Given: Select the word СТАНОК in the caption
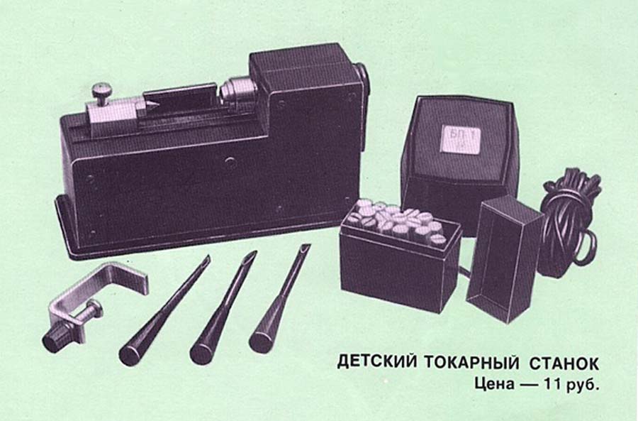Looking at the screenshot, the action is (564, 363).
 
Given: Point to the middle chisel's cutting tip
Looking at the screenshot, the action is (251, 257).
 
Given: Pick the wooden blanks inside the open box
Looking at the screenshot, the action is (398, 223).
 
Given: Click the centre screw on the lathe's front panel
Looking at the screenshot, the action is (230, 162).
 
